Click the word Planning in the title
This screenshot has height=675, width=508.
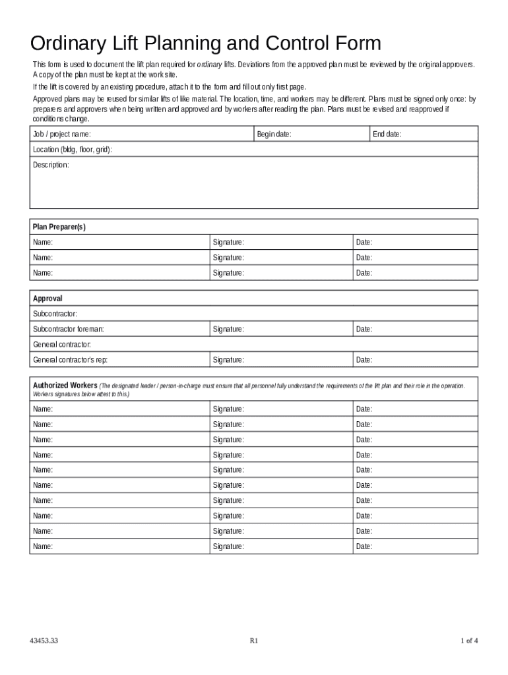[x=175, y=44]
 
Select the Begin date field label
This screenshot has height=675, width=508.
[x=274, y=134]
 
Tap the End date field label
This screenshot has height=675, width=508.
[x=387, y=134]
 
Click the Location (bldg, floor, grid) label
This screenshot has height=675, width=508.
[x=73, y=150]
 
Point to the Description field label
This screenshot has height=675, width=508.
[x=51, y=165]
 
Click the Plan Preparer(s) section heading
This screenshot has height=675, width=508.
[x=59, y=227]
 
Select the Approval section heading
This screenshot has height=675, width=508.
[x=48, y=299]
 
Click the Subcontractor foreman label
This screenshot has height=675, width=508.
[x=69, y=329]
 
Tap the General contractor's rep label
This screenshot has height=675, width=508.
[x=71, y=360]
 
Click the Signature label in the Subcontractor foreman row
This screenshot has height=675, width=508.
[x=228, y=329]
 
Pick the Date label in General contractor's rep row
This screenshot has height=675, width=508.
[x=364, y=360]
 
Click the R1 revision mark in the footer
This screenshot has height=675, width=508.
[x=253, y=640]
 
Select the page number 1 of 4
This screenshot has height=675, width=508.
[x=468, y=640]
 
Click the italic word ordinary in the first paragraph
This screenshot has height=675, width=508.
[x=209, y=65]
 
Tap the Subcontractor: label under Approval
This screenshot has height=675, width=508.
[x=55, y=314]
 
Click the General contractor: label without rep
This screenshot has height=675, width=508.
[x=62, y=345]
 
